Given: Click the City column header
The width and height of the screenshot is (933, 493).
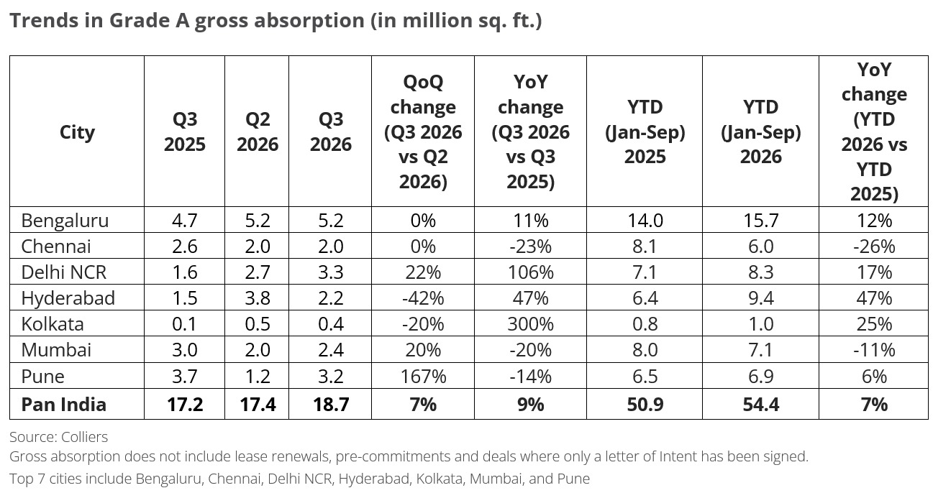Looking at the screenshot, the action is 77,132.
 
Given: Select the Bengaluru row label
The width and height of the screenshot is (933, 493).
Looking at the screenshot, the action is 65,221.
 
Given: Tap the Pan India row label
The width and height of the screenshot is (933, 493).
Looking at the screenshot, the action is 64,405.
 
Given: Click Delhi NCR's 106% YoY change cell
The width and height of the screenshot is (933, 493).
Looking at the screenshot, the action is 530,272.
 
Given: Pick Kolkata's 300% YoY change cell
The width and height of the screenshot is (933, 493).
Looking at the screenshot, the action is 530,324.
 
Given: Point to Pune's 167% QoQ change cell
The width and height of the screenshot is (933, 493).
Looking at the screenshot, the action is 423,377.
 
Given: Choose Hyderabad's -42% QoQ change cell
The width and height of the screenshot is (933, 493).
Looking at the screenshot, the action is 423,298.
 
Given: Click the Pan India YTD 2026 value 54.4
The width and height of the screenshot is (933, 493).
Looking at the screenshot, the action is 760,405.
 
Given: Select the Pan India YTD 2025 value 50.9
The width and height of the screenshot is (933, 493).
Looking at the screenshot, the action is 645,405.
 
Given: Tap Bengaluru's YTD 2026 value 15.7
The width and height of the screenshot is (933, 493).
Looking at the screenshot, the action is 760,221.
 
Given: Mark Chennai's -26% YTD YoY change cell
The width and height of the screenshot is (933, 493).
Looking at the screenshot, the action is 874,247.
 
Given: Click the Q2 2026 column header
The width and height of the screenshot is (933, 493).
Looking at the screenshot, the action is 258,132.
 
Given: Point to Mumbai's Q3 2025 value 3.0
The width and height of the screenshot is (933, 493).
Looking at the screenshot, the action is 185,350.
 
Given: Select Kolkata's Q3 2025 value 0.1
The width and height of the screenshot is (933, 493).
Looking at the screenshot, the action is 185,324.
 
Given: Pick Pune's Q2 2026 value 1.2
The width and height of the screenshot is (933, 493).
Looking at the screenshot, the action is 258,377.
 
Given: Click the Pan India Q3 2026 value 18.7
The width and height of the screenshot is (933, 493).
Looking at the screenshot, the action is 331,405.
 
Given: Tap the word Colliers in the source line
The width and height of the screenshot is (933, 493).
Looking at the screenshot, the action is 84,437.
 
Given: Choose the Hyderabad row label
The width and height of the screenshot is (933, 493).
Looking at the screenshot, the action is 68,298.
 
